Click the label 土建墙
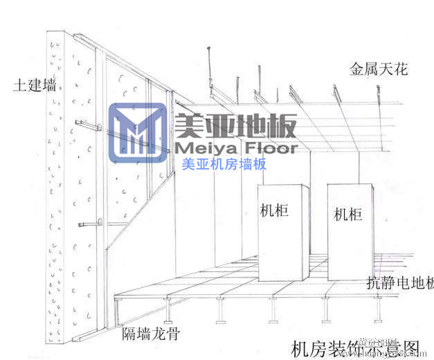(34, 87)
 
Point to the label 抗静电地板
(400, 283)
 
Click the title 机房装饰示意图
(356, 347)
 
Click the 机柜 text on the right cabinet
(347, 214)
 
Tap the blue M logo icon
(138, 132)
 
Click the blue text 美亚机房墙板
(224, 165)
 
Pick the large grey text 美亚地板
(236, 125)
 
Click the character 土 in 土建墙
(19, 87)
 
